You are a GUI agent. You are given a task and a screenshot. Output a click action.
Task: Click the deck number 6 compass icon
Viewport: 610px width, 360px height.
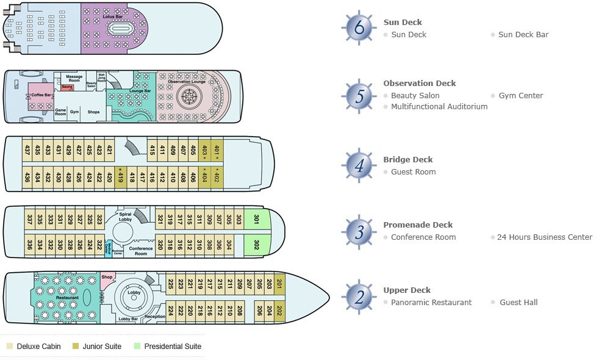[358, 27]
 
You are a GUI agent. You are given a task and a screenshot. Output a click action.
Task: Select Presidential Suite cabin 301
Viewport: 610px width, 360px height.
[256, 219]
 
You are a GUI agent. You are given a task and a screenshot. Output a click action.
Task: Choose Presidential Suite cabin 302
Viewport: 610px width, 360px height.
[256, 245]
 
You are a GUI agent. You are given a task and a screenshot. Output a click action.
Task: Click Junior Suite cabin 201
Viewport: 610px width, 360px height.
[279, 284]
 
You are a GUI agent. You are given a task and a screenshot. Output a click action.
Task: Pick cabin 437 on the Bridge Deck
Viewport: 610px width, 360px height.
[27, 149]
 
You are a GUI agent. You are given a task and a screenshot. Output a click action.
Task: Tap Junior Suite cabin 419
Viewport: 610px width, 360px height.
[120, 178]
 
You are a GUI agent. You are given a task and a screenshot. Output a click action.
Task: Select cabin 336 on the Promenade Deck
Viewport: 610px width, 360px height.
[29, 245]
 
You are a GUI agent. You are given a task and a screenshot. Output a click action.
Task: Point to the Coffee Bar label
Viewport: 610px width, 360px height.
[41, 95]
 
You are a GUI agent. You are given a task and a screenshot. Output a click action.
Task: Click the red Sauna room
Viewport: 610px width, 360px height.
[67, 88]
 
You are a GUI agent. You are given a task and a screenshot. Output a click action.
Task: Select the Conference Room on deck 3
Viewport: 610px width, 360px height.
[141, 250]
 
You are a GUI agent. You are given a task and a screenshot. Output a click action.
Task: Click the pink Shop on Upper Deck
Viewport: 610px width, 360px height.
[107, 278]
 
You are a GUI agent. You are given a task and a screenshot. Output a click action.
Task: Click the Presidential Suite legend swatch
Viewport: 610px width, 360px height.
[137, 347]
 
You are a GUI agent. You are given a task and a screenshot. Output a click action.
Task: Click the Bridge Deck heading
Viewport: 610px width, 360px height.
[407, 160]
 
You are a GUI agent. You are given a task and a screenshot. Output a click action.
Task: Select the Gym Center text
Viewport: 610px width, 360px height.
[520, 96]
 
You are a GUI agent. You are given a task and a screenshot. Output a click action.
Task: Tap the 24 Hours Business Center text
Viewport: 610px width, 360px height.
[544, 237]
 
